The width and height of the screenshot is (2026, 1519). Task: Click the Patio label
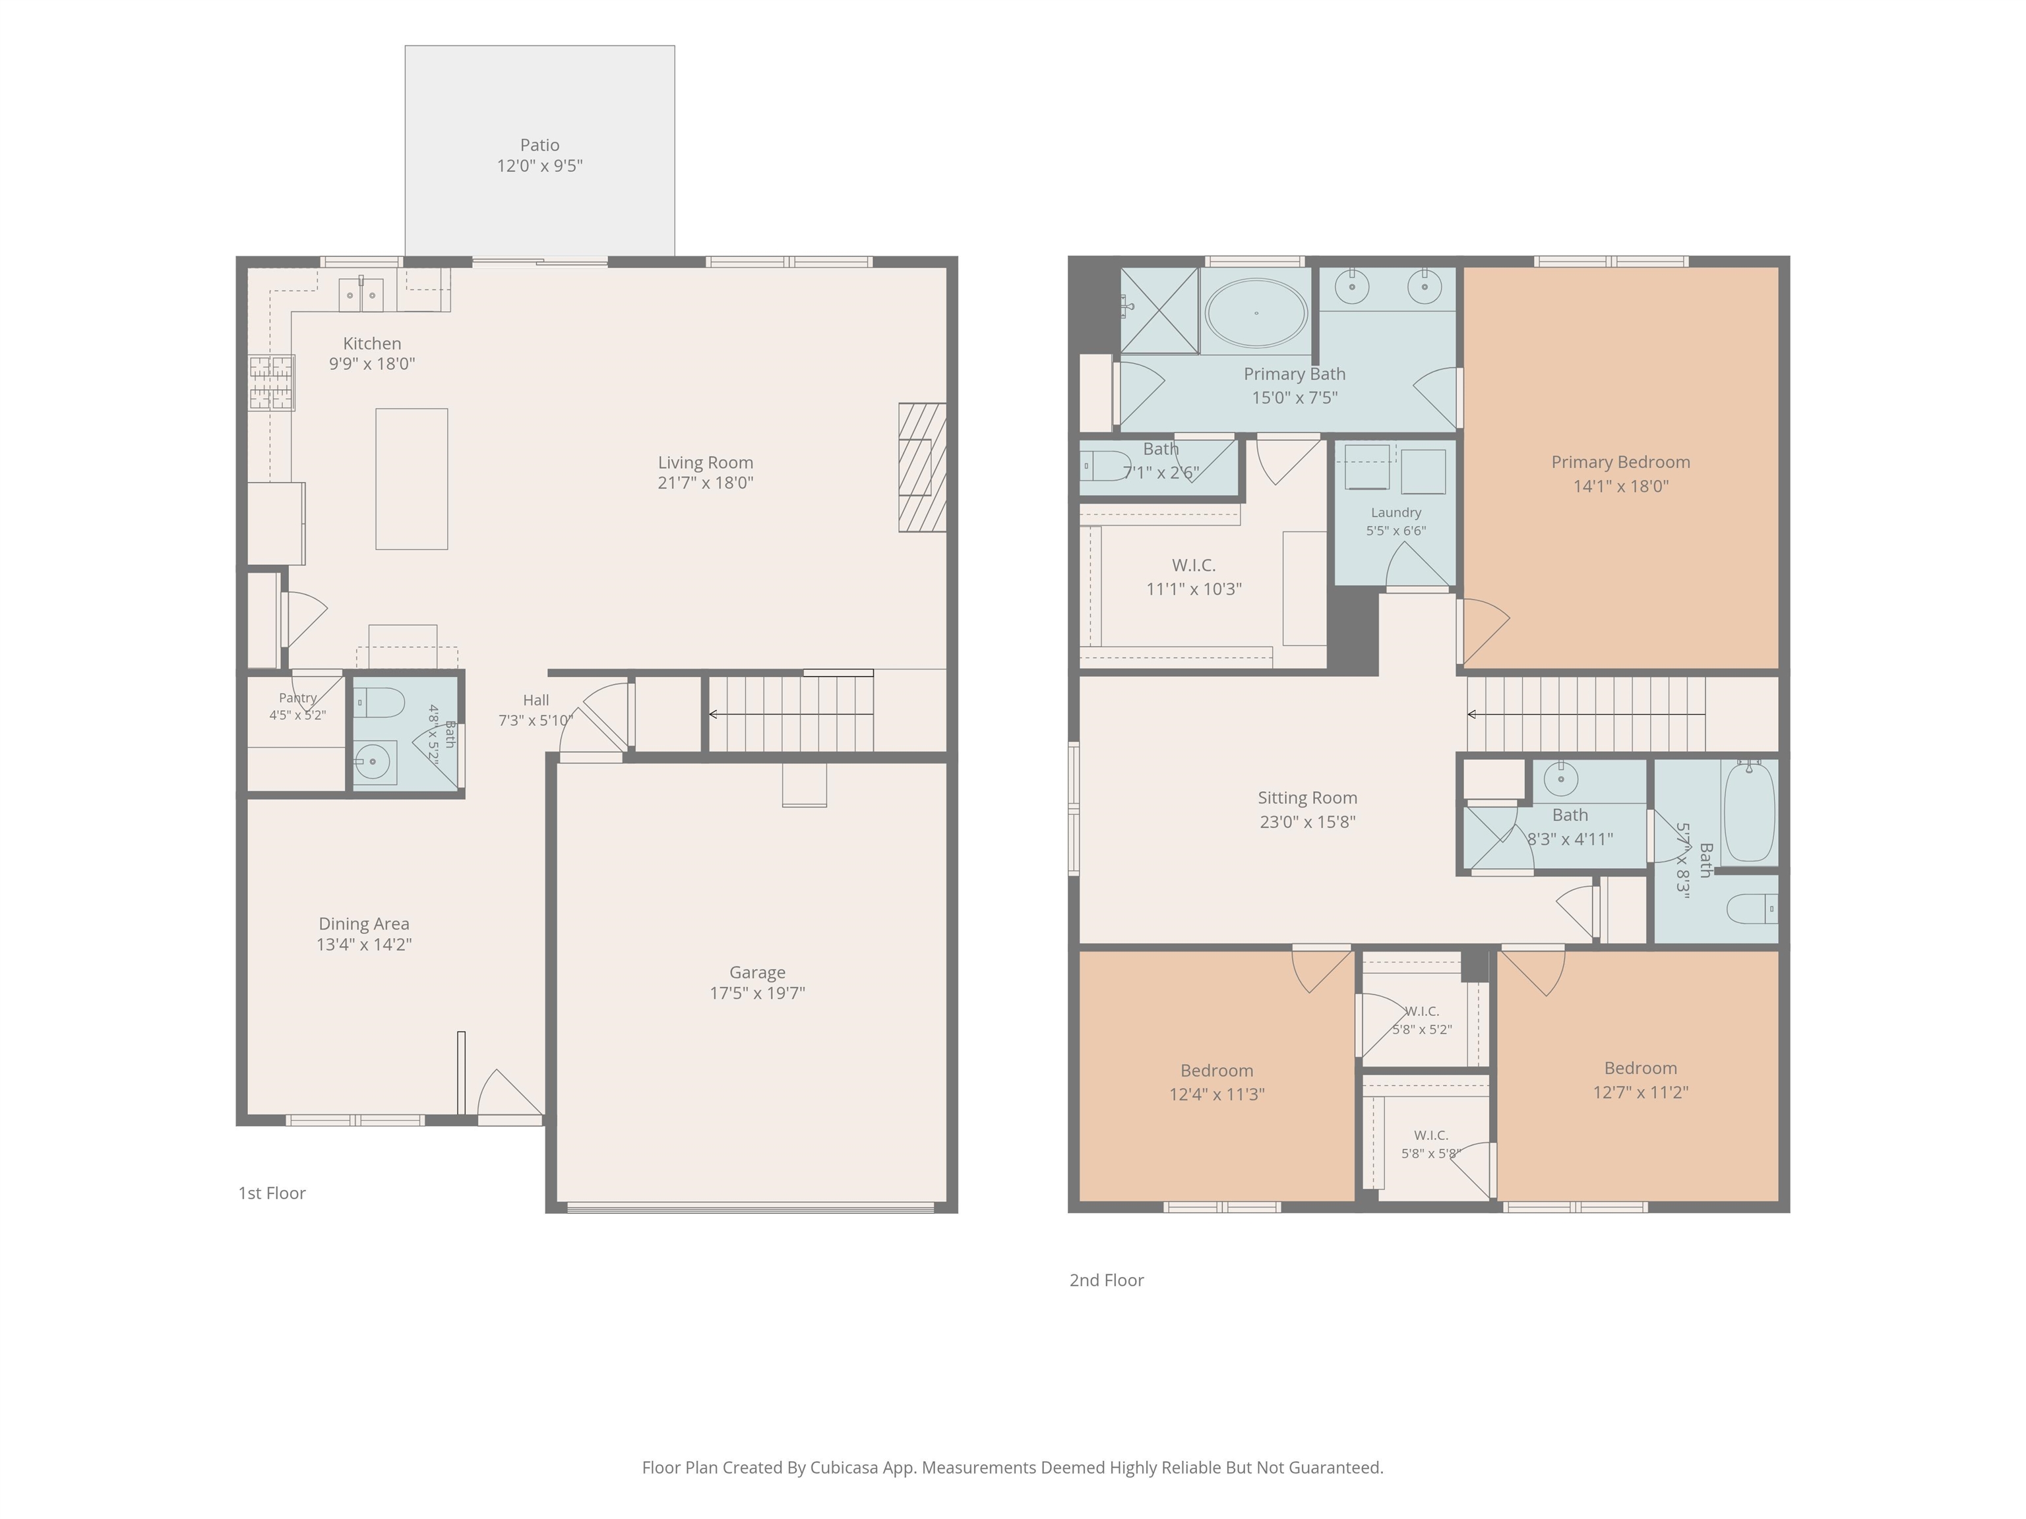tap(539, 144)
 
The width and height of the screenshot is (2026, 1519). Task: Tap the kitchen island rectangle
tap(412, 479)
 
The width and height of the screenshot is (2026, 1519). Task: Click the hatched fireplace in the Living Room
tap(923, 468)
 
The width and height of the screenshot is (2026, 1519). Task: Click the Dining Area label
tap(363, 924)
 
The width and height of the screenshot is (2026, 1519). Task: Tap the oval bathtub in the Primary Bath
tap(1256, 313)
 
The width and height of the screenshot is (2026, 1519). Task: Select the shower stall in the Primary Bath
tap(1159, 311)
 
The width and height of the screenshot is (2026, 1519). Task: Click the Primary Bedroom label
tap(1620, 462)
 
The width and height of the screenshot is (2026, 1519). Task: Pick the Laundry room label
tap(1396, 513)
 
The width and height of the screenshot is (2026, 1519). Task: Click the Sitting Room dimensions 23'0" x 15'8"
tap(1307, 822)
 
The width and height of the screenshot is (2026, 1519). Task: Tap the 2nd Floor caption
tap(1107, 1280)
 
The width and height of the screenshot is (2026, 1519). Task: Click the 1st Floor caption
tap(272, 1193)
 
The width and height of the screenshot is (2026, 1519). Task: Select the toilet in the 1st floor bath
tap(379, 703)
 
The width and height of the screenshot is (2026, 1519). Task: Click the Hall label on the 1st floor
tap(536, 700)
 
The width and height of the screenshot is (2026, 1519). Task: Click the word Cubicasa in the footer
tap(844, 1468)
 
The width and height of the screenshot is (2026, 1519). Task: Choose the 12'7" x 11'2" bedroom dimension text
tap(1640, 1092)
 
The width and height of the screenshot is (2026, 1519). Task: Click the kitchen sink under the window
tap(361, 294)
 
